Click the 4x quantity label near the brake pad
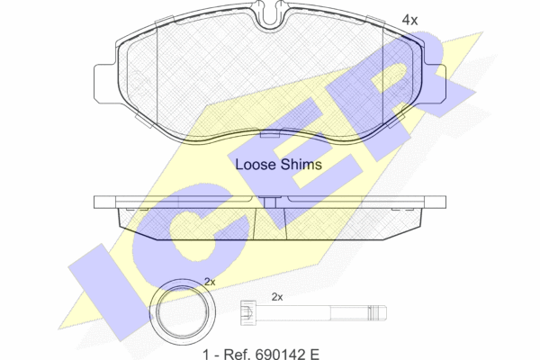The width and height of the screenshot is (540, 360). click(x=409, y=21)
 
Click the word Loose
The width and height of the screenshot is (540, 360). click(x=256, y=165)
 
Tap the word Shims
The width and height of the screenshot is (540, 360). click(x=301, y=165)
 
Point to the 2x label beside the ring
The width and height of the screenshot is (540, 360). click(x=210, y=282)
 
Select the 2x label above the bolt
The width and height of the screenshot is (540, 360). click(x=277, y=297)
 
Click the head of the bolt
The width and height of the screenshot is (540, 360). click(x=248, y=313)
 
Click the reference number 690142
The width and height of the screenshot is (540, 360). click(x=280, y=354)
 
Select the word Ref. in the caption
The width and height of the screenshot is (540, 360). click(x=238, y=354)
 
